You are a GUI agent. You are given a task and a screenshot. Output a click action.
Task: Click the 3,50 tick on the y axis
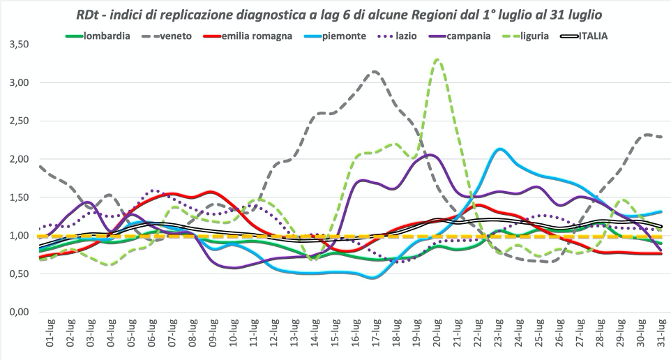[x=17, y=45]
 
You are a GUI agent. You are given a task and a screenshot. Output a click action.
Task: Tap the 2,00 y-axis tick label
[x=17, y=159]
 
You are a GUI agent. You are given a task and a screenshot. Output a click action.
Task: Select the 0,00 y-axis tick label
[x=17, y=312]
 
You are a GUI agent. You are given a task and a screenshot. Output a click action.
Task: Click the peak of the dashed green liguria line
[x=437, y=59]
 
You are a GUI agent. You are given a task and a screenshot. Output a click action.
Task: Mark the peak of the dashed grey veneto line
[x=375, y=71]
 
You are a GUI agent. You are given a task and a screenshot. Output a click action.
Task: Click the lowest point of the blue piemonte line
[x=374, y=278]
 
